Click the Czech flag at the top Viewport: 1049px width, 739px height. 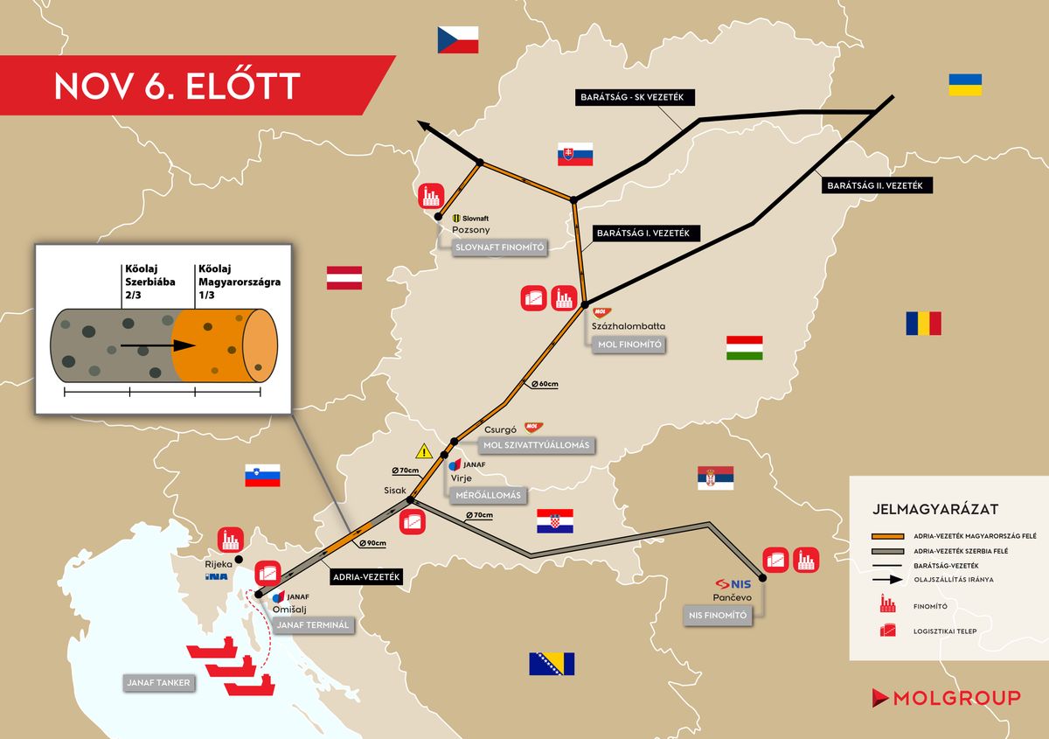pyautogui.click(x=459, y=39)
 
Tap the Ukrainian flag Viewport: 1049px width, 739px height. pyautogui.click(x=965, y=85)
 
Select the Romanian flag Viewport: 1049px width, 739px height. pyautogui.click(x=923, y=324)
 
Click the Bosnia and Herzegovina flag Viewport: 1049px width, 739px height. pyautogui.click(x=552, y=664)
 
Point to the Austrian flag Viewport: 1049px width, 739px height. pyautogui.click(x=344, y=278)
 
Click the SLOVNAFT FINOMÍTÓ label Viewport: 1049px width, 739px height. pyautogui.click(x=500, y=247)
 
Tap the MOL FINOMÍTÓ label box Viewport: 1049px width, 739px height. pyautogui.click(x=629, y=345)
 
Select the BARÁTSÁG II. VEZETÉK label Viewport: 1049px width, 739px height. pyautogui.click(x=879, y=185)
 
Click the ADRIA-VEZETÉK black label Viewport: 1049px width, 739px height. pyautogui.click(x=366, y=577)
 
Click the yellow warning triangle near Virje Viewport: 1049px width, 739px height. pyautogui.click(x=425, y=451)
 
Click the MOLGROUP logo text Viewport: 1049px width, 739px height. pyautogui.click(x=957, y=698)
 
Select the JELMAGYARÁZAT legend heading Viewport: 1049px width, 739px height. pyautogui.click(x=935, y=508)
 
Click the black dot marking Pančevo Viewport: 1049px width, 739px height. pyautogui.click(x=762, y=578)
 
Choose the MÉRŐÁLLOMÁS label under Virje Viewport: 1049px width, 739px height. pyautogui.click(x=488, y=495)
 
